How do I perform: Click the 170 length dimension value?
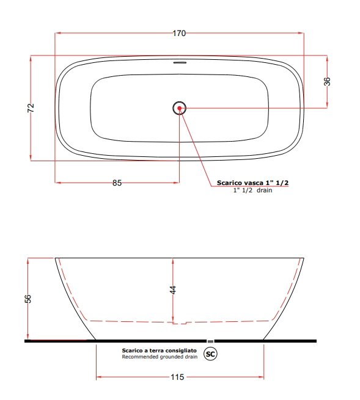point(179,33)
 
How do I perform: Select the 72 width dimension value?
point(31,108)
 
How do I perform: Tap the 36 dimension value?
point(327,81)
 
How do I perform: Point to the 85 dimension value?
point(117,183)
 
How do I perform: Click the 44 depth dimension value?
point(173,290)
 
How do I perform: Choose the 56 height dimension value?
point(28,299)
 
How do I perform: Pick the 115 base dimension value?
point(177,377)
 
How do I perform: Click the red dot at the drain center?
point(179,108)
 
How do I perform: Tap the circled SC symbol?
point(210,354)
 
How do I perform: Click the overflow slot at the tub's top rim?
point(180,62)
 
